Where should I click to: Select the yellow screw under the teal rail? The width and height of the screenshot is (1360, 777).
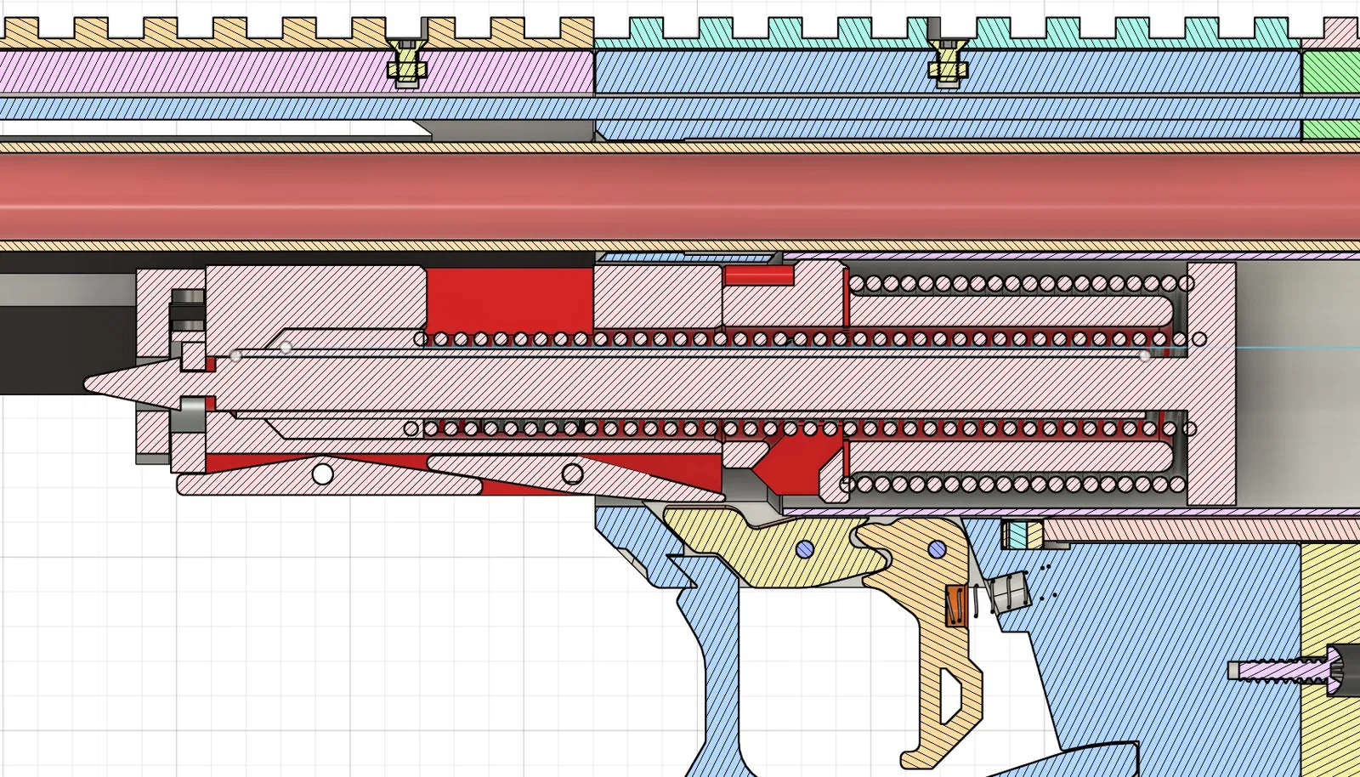pos(946,63)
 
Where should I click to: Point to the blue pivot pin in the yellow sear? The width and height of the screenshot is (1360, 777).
pos(805,549)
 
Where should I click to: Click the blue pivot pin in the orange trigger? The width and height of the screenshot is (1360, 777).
pos(937,549)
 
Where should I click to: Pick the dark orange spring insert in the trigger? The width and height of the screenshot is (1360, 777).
pos(956,605)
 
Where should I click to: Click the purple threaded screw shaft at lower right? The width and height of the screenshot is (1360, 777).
pos(1275,670)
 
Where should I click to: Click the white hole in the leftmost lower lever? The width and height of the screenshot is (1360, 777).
pos(322,474)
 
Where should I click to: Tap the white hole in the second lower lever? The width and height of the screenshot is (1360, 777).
pos(572,473)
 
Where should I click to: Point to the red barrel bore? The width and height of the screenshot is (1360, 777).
pos(680,197)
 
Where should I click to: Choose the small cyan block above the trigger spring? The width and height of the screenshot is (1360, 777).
pos(1016,535)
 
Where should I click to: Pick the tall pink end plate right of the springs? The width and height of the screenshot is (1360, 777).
pos(1210,383)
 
